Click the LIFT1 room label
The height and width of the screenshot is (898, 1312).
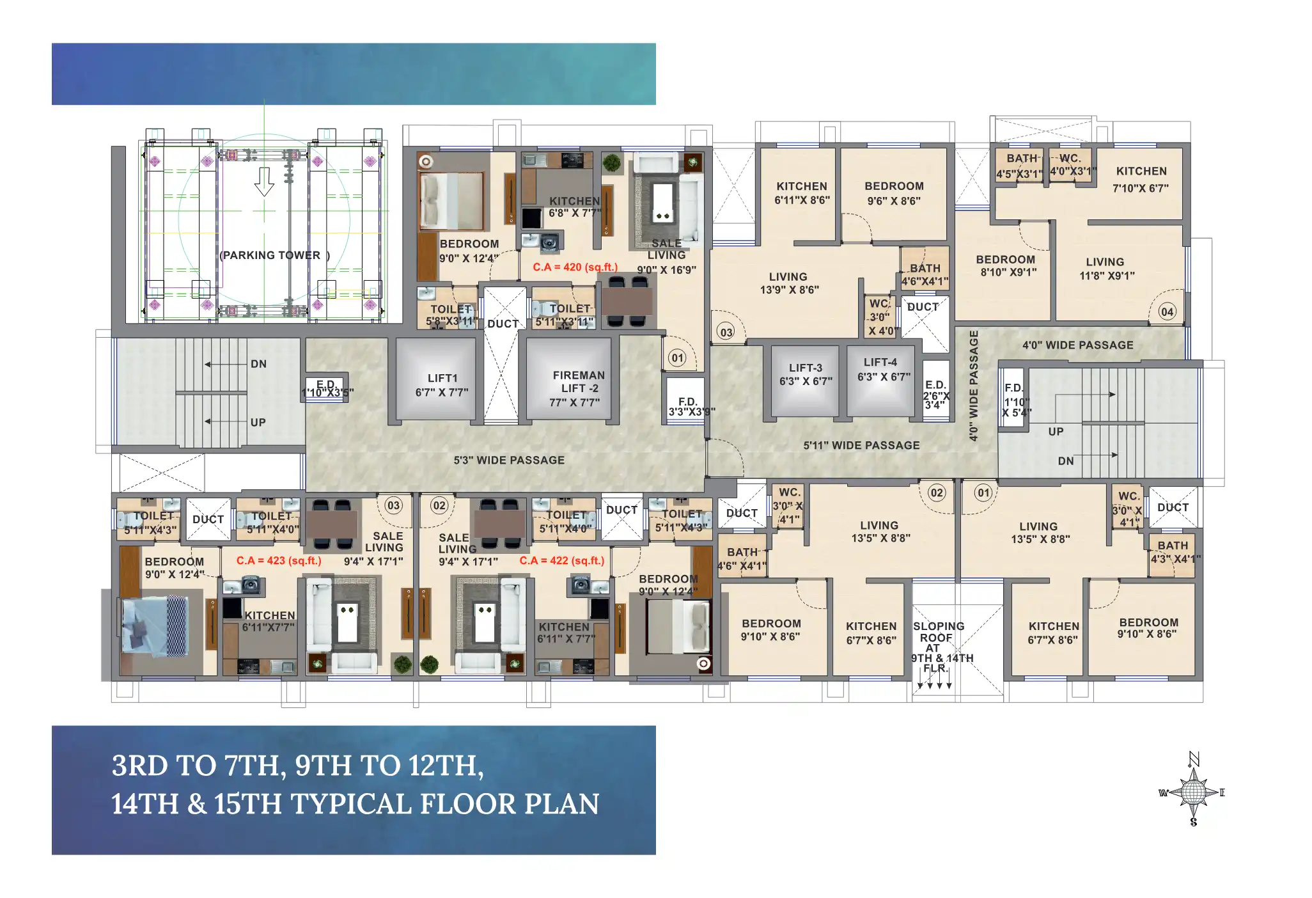click(442, 385)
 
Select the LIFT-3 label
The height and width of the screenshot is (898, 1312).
click(806, 374)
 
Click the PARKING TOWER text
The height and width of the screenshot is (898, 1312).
click(274, 255)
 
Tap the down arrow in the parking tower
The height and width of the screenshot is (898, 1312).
click(264, 182)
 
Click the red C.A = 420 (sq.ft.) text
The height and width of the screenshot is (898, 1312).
click(575, 267)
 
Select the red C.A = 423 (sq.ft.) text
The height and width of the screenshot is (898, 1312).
click(279, 560)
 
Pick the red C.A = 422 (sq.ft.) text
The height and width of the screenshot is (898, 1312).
click(562, 560)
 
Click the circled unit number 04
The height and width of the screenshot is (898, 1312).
click(1168, 311)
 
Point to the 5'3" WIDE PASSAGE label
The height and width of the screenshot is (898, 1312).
click(509, 460)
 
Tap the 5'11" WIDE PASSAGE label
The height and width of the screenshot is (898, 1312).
click(861, 445)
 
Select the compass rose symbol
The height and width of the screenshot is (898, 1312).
click(1192, 792)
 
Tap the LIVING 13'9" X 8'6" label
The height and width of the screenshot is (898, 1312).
click(789, 283)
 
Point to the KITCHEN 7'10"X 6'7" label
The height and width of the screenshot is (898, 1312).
click(1141, 179)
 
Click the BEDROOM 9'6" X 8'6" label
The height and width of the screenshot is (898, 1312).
click(894, 193)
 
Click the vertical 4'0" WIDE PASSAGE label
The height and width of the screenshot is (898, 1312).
click(974, 386)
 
